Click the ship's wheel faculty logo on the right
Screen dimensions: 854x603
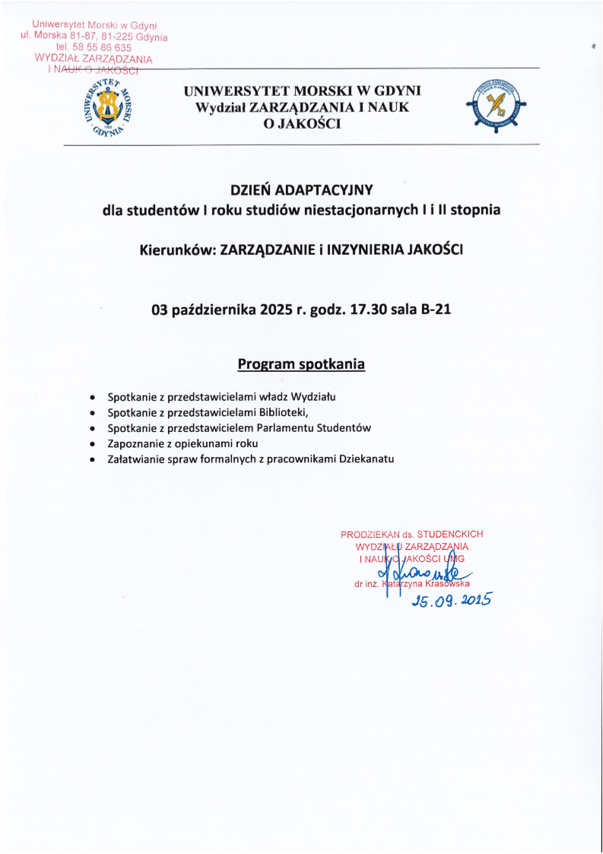[x=495, y=107]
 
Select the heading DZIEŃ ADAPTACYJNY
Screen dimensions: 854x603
[x=301, y=189]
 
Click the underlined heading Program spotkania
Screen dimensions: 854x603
[x=301, y=364]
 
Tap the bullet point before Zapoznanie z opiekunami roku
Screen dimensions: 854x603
[x=92, y=443]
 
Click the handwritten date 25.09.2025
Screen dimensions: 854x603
[x=451, y=600]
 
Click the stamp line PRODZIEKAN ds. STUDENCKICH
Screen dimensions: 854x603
[x=411, y=534]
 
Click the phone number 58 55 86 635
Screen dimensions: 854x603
[x=99, y=47]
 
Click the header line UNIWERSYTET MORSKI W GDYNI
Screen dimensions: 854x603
[x=302, y=91]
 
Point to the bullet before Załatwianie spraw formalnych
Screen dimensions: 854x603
[x=92, y=459]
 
